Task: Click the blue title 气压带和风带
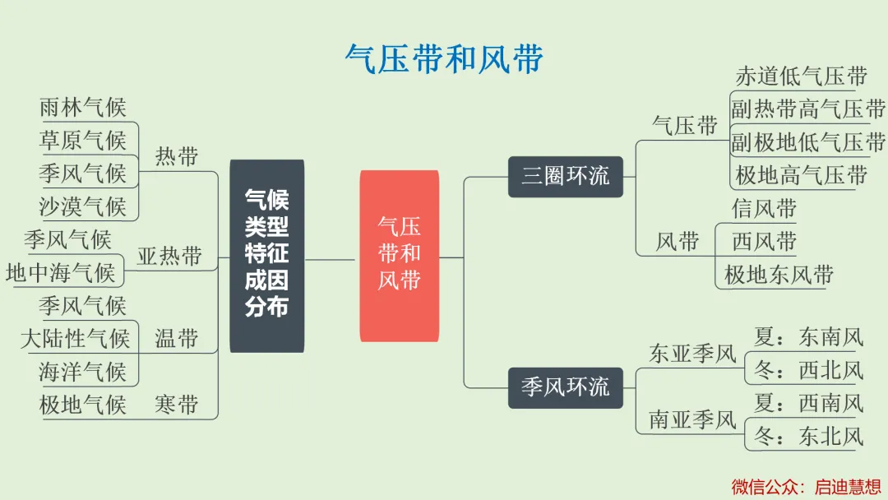(x=445, y=59)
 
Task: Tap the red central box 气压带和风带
(x=400, y=256)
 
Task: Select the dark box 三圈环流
(x=565, y=177)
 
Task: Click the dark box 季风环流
(x=565, y=388)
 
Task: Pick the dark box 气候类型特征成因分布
(x=266, y=256)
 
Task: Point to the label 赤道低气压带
(x=802, y=76)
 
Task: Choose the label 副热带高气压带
(x=808, y=109)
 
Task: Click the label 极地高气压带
(x=802, y=175)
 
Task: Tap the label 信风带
(x=764, y=208)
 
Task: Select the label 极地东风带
(x=779, y=275)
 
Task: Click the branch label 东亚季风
(x=692, y=354)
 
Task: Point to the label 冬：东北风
(x=809, y=436)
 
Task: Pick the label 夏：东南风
(x=809, y=337)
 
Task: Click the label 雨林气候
(x=83, y=107)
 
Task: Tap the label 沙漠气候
(x=83, y=206)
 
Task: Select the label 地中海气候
(x=61, y=273)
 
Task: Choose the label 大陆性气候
(x=76, y=339)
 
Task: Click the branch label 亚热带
(x=169, y=256)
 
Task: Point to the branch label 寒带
(x=176, y=405)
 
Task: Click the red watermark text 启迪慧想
(x=848, y=486)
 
